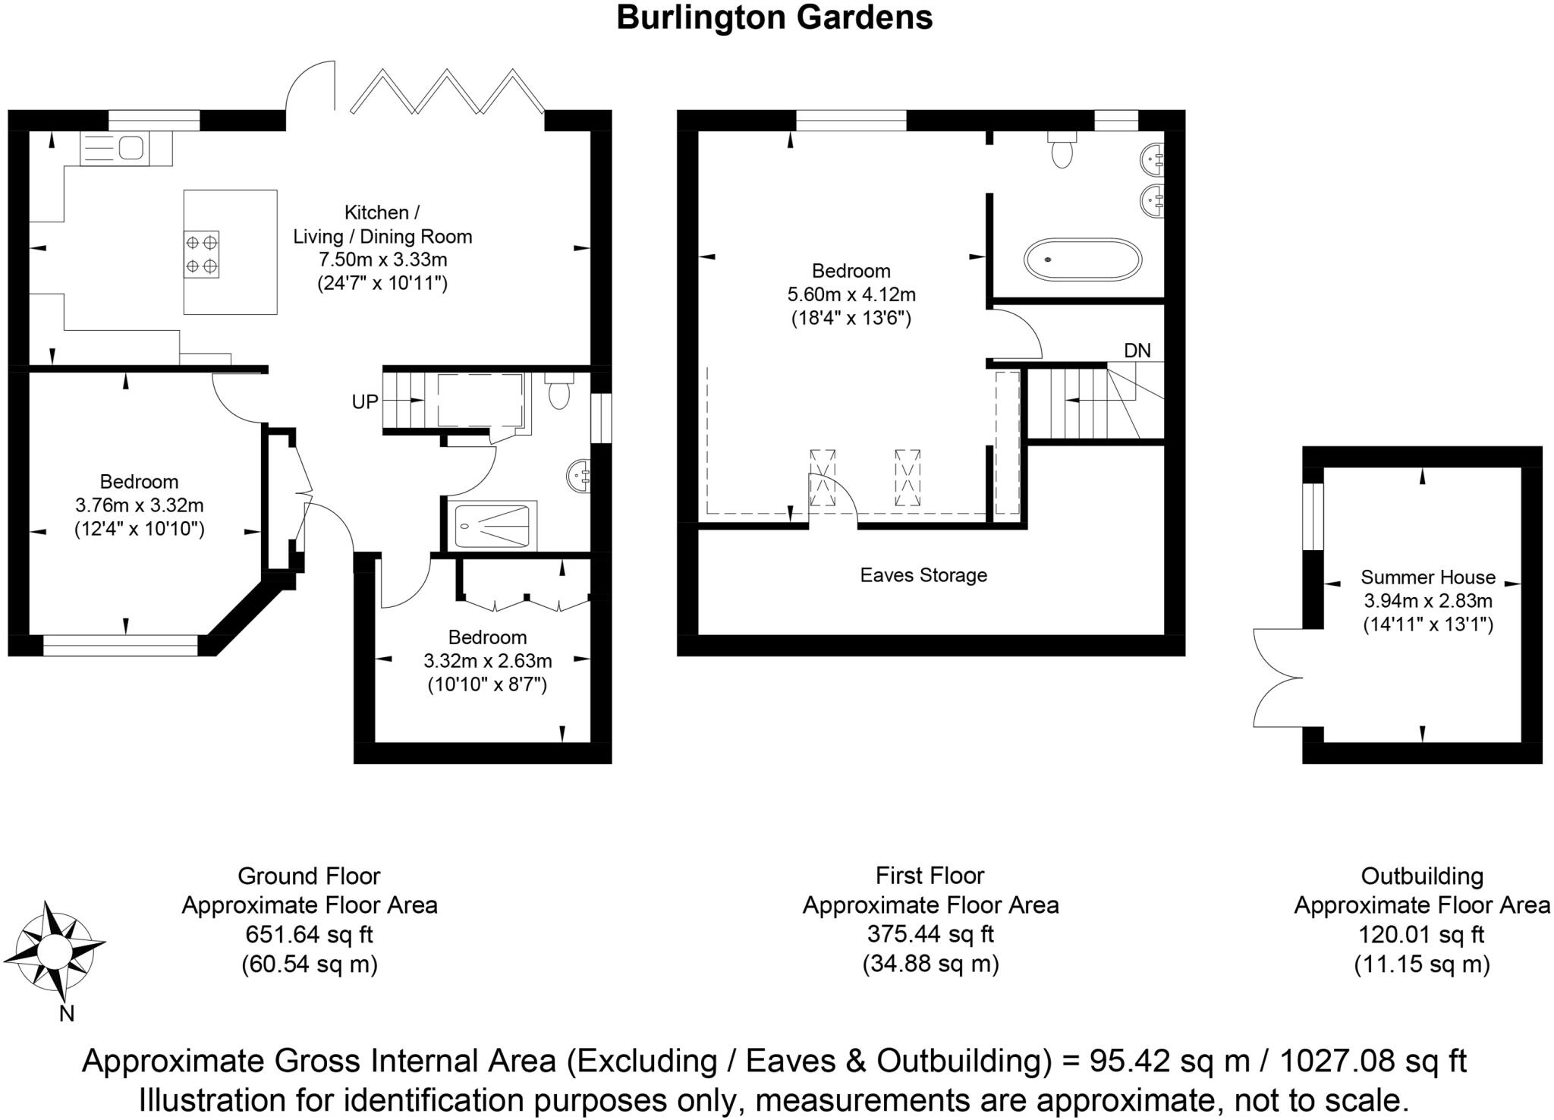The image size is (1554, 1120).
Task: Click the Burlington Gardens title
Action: click(774, 17)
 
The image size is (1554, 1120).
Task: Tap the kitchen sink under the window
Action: click(114, 149)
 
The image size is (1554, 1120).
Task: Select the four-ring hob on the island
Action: click(201, 254)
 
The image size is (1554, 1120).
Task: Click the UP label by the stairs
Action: click(365, 401)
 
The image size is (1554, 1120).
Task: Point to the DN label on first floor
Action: click(1137, 351)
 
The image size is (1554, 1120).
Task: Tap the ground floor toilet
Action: click(559, 392)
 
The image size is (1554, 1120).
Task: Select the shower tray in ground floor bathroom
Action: click(492, 526)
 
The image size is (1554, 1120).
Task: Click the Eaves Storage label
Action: click(923, 575)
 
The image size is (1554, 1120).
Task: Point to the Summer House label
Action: click(1427, 577)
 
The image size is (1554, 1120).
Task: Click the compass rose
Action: click(53, 950)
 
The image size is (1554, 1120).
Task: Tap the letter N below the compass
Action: click(67, 1014)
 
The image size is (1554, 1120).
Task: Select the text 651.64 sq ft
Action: click(309, 935)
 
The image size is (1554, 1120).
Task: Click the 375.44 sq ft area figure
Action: click(930, 934)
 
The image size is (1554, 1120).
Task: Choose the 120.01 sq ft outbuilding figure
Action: click(1421, 934)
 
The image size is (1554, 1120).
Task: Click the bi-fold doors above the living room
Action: click(448, 93)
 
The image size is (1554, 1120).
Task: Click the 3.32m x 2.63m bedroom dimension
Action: click(487, 661)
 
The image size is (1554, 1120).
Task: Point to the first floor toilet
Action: click(1062, 151)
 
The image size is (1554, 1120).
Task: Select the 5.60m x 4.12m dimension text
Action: click(851, 294)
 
